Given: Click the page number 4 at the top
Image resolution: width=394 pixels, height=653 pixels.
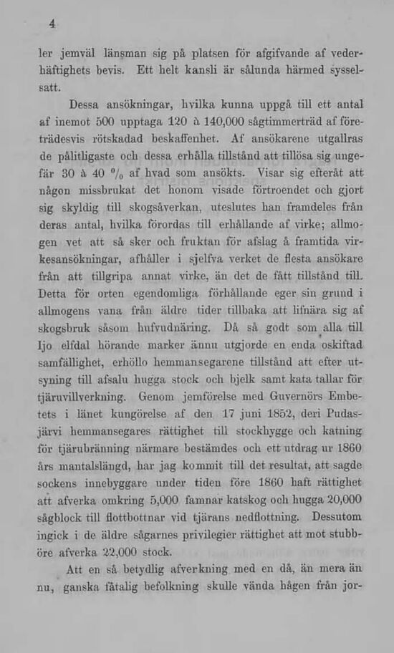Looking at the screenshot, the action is [52, 23].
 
